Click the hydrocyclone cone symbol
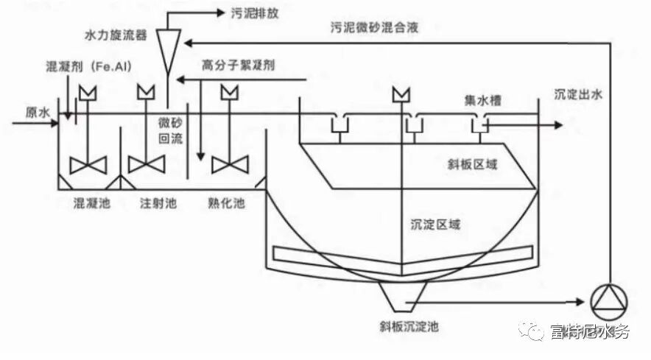click(x=169, y=49)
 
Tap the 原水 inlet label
click(x=38, y=113)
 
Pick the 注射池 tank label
click(x=158, y=202)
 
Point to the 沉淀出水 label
click(x=579, y=93)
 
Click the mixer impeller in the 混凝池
click(x=87, y=164)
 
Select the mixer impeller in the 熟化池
click(x=229, y=164)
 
